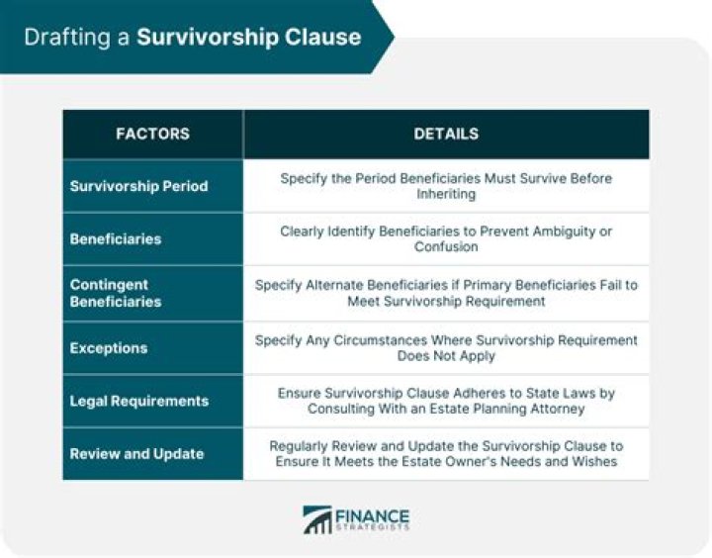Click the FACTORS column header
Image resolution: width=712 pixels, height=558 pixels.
[152, 134]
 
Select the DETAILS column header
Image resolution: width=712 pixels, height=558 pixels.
[446, 134]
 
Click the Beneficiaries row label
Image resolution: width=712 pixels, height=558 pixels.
[116, 239]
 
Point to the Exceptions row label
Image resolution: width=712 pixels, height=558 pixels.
[109, 348]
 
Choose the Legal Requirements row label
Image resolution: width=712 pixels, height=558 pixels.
[139, 401]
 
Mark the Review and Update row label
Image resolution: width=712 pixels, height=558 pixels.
[136, 454]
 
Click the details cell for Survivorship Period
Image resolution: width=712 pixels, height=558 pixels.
[446, 186]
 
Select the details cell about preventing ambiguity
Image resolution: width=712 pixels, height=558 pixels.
[446, 239]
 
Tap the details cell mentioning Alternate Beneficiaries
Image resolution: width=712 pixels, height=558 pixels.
[446, 293]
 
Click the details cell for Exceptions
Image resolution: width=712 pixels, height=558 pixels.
[446, 347]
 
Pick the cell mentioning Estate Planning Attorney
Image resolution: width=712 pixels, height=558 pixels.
[446, 401]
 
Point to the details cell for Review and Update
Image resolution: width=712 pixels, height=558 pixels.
[446, 454]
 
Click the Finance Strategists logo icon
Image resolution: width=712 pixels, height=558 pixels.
[318, 519]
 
